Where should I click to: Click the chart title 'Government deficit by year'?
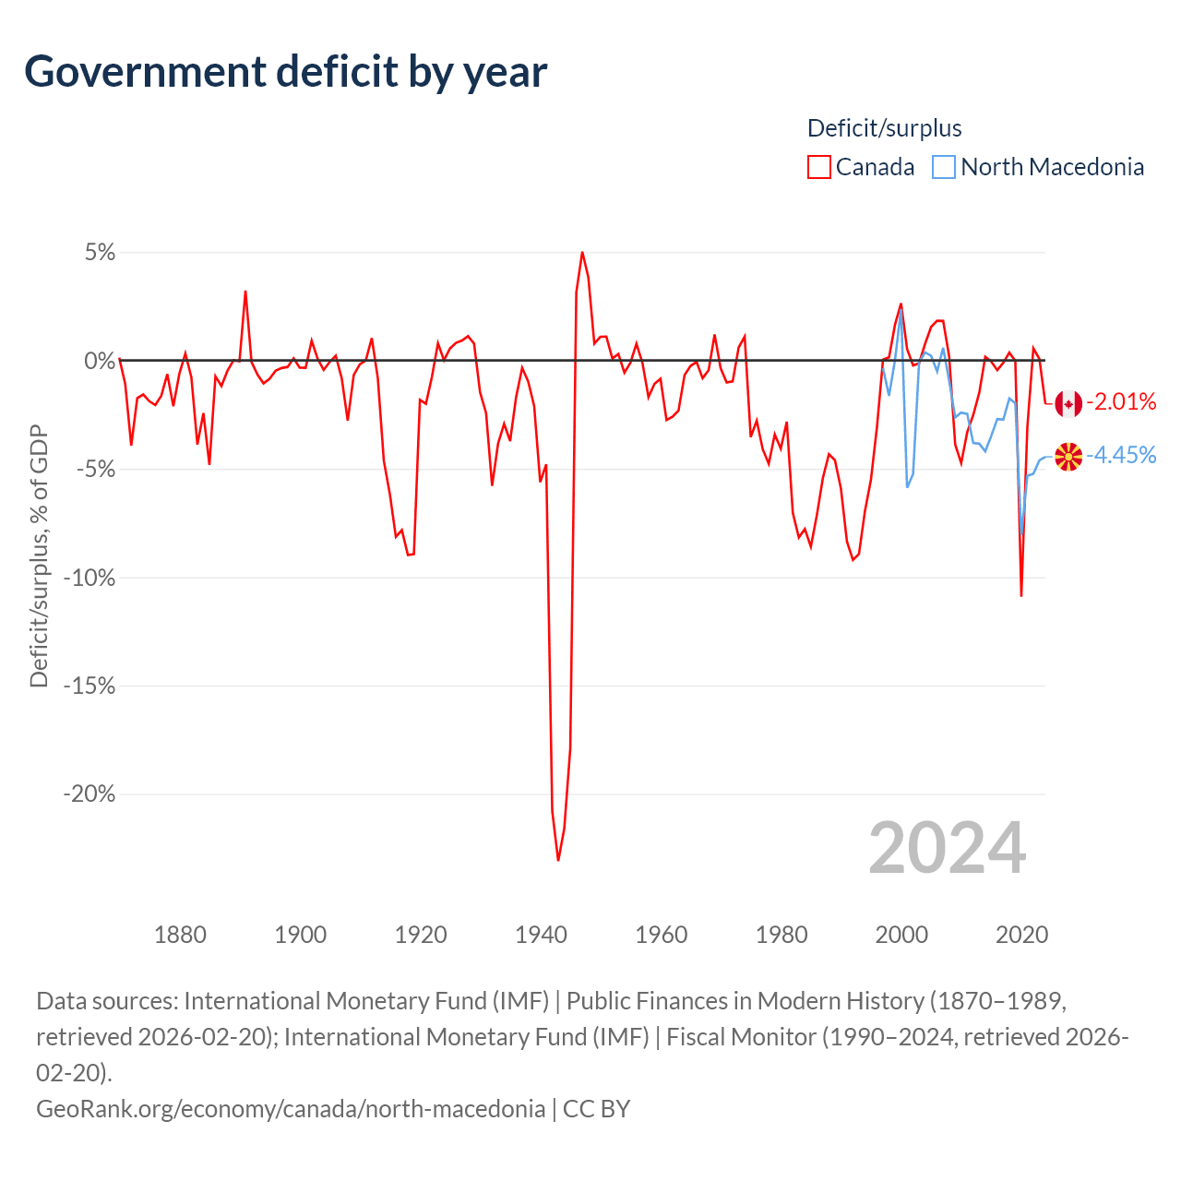click(x=286, y=72)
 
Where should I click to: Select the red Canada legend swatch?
click(x=818, y=167)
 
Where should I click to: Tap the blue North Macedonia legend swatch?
click(x=943, y=167)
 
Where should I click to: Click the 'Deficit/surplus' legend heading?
click(x=884, y=128)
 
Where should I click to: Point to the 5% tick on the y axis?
click(x=100, y=253)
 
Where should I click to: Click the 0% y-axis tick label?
click(x=100, y=361)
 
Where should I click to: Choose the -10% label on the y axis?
click(x=89, y=578)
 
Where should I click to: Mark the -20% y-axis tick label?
click(x=89, y=794)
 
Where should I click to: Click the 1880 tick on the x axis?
click(x=180, y=935)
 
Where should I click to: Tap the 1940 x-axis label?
click(x=541, y=935)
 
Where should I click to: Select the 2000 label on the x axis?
click(x=901, y=935)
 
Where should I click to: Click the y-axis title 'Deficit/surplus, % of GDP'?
click(x=39, y=555)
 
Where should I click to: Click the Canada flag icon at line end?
click(x=1068, y=403)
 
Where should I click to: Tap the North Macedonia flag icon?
click(x=1068, y=457)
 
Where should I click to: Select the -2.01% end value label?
click(x=1121, y=401)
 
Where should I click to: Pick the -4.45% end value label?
click(x=1121, y=455)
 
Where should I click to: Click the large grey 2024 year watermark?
click(x=948, y=848)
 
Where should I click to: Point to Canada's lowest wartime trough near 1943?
click(x=558, y=860)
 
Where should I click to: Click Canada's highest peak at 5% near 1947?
click(x=582, y=252)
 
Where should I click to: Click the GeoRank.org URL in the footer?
click(x=291, y=1108)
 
